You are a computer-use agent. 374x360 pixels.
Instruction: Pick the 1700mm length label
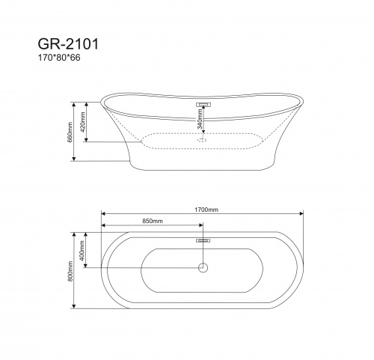point(203,210)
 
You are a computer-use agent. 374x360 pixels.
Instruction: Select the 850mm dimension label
point(152,222)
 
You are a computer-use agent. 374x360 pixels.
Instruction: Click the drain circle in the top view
point(203,267)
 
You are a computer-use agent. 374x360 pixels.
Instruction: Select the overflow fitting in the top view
point(203,240)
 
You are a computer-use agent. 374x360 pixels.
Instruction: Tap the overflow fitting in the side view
point(203,104)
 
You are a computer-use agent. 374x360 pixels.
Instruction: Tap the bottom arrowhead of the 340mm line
point(203,132)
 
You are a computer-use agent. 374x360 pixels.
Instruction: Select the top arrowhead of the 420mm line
point(92,104)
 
